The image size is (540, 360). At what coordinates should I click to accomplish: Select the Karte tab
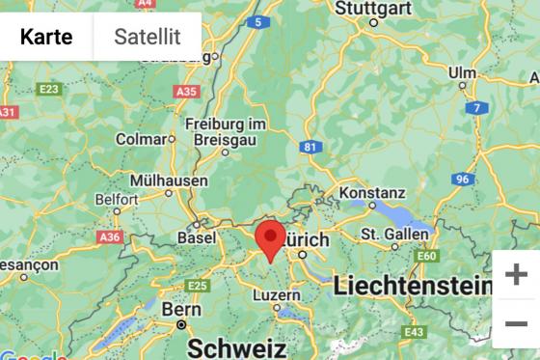coord(46,37)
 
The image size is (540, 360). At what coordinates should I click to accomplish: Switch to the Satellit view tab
coord(148,37)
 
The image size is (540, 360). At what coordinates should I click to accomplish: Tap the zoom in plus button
coord(516,275)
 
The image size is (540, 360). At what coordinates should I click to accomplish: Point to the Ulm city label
coord(462,72)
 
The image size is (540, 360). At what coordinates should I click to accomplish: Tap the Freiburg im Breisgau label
coord(225,131)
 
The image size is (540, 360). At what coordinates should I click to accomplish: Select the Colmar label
coord(141,139)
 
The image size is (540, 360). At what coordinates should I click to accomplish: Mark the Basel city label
coord(197,236)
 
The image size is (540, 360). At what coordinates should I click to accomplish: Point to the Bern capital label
coord(181,310)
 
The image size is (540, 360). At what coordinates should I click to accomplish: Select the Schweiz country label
coord(236,346)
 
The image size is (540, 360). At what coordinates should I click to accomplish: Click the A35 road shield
coord(187,92)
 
